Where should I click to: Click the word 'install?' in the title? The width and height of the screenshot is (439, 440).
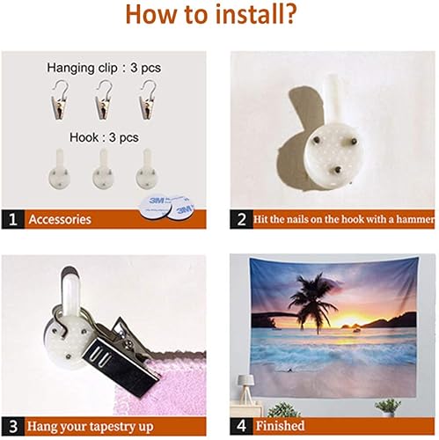click(x=255, y=14)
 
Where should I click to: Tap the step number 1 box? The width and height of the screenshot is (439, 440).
click(x=13, y=219)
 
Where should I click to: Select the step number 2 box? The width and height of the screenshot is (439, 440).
click(x=241, y=219)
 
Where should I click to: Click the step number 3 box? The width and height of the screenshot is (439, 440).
click(x=13, y=426)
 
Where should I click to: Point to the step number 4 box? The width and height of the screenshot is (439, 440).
click(x=241, y=426)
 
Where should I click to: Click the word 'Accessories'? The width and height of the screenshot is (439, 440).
click(x=60, y=219)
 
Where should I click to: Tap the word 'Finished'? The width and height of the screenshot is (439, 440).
click(x=280, y=426)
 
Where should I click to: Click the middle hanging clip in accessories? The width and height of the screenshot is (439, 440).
click(x=104, y=99)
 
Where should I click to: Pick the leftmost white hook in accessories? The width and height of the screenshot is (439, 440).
click(x=59, y=169)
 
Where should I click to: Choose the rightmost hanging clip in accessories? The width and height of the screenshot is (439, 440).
click(x=148, y=99)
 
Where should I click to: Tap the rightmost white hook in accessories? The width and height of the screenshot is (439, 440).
click(x=147, y=169)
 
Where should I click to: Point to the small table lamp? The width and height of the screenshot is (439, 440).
click(x=245, y=389)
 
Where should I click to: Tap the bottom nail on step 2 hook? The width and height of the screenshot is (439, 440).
click(x=338, y=169)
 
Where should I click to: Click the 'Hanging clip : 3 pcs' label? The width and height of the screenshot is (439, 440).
click(x=104, y=68)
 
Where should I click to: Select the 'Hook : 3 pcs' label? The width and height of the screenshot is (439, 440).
click(x=104, y=137)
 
